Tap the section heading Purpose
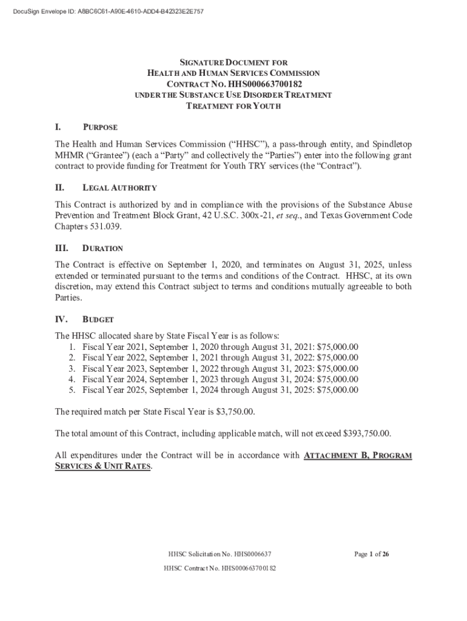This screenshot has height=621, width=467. pos(99,127)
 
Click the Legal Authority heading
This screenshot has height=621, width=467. pos(119,188)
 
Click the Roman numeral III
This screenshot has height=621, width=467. pos(61,248)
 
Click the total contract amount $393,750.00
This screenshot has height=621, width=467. pos(367,434)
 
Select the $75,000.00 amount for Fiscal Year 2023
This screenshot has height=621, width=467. pos(337,369)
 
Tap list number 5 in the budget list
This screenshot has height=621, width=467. pos(72,391)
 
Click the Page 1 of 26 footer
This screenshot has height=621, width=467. pos(372,554)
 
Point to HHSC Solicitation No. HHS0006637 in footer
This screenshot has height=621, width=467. pos(220,554)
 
